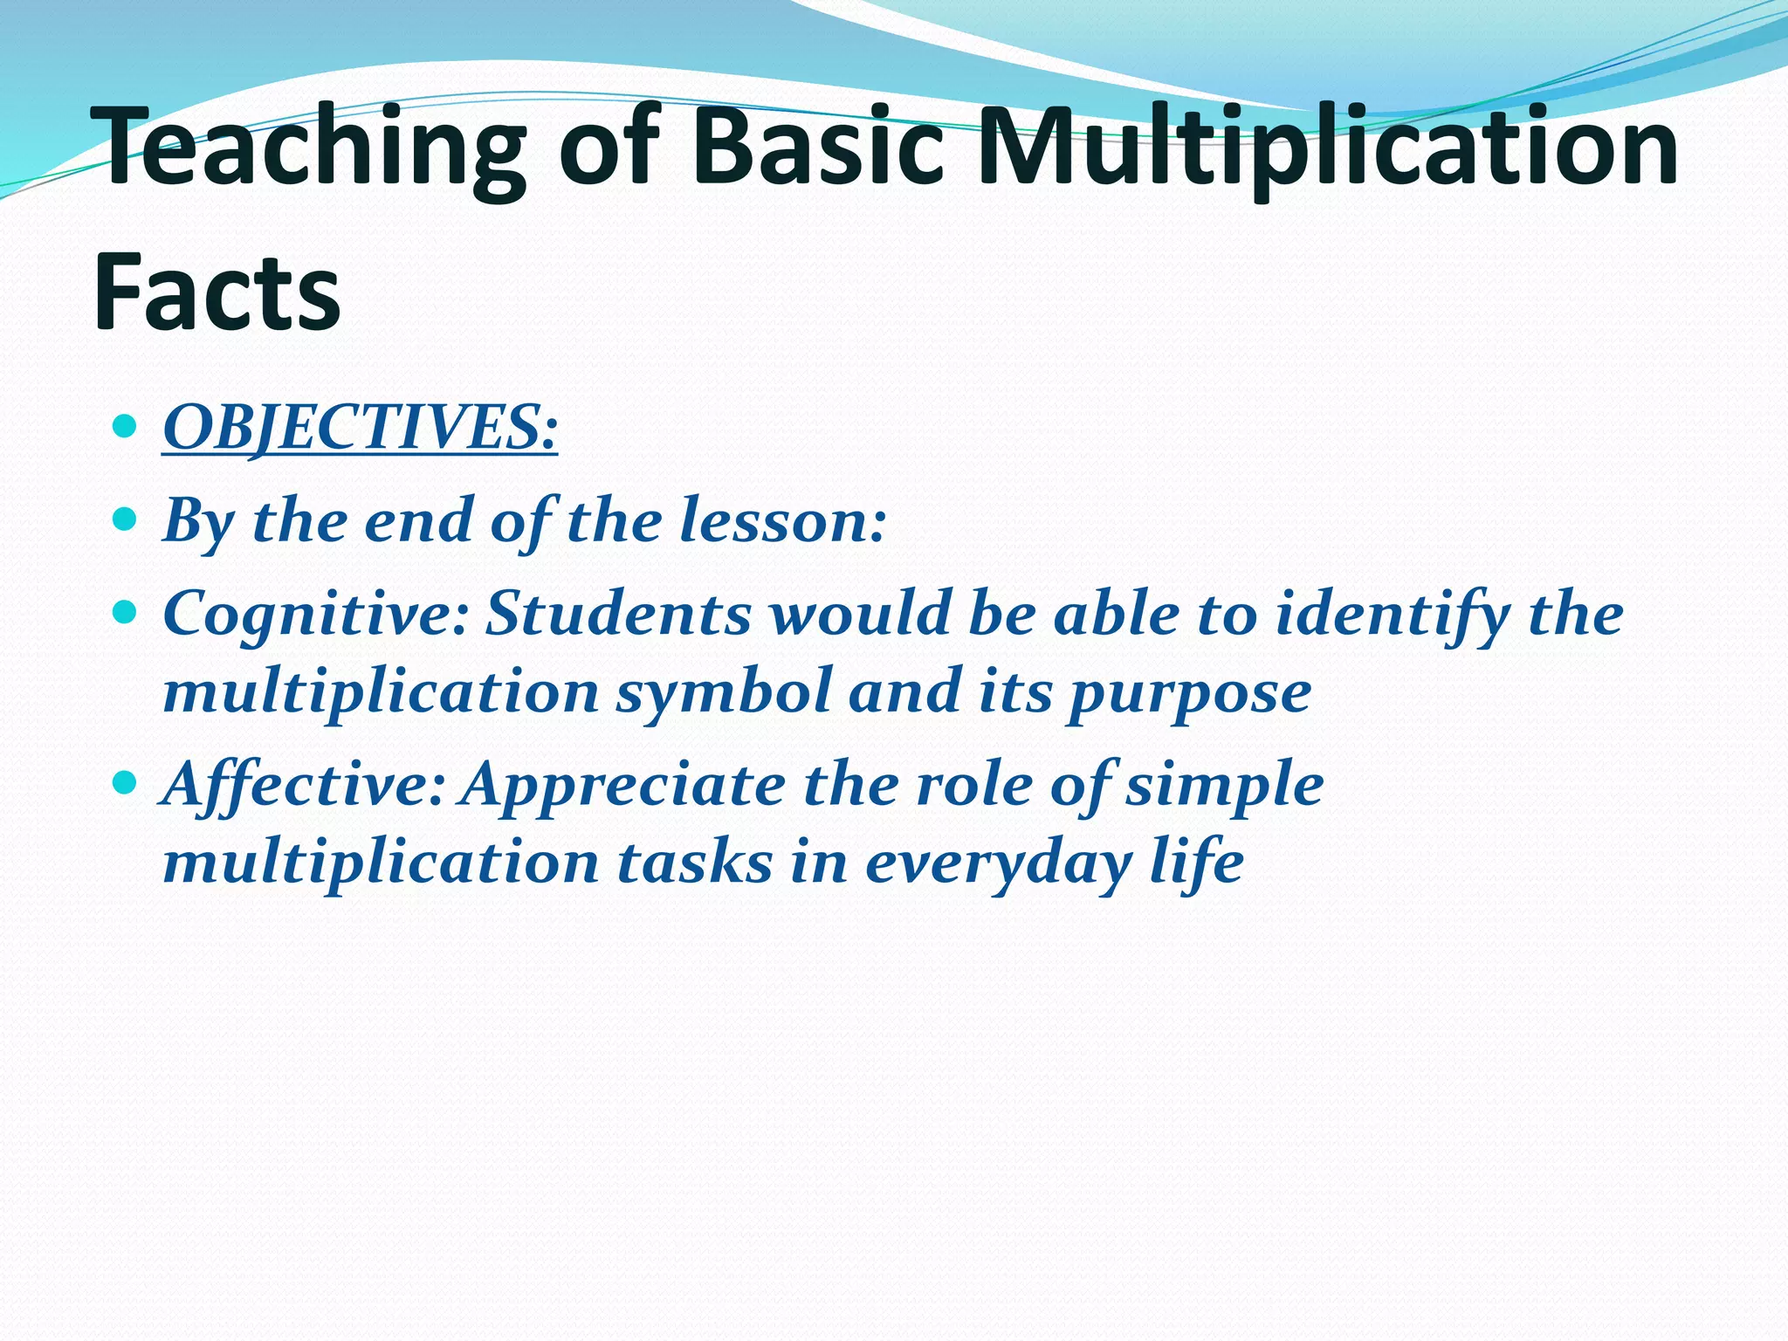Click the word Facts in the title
click(x=217, y=292)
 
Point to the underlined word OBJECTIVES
click(x=359, y=429)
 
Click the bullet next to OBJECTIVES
click(x=126, y=428)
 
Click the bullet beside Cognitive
click(x=126, y=614)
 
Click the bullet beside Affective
click(x=126, y=783)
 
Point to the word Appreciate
click(x=625, y=785)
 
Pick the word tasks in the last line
click(x=695, y=863)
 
